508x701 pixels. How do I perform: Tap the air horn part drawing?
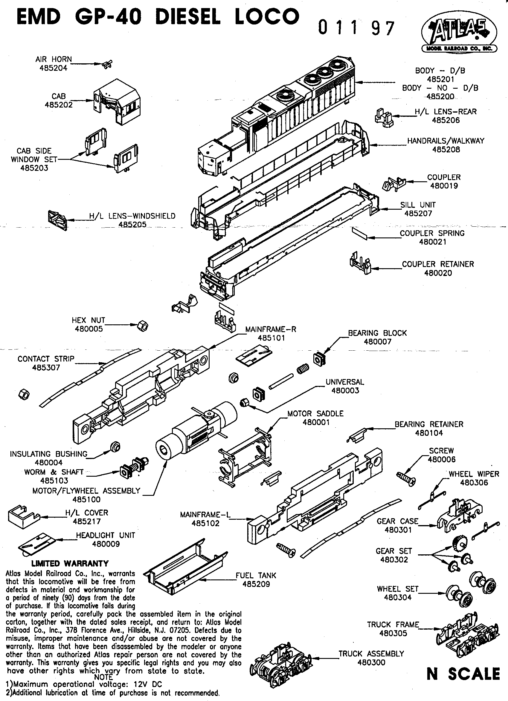(107, 65)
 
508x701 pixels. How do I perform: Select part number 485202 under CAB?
(59, 105)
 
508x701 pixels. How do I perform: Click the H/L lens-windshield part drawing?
(57, 220)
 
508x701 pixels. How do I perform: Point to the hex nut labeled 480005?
(143, 326)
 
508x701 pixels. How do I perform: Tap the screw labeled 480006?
(406, 478)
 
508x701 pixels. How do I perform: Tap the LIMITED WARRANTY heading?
(70, 563)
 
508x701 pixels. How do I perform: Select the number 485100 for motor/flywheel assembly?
(86, 499)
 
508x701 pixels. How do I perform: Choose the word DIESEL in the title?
(187, 16)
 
